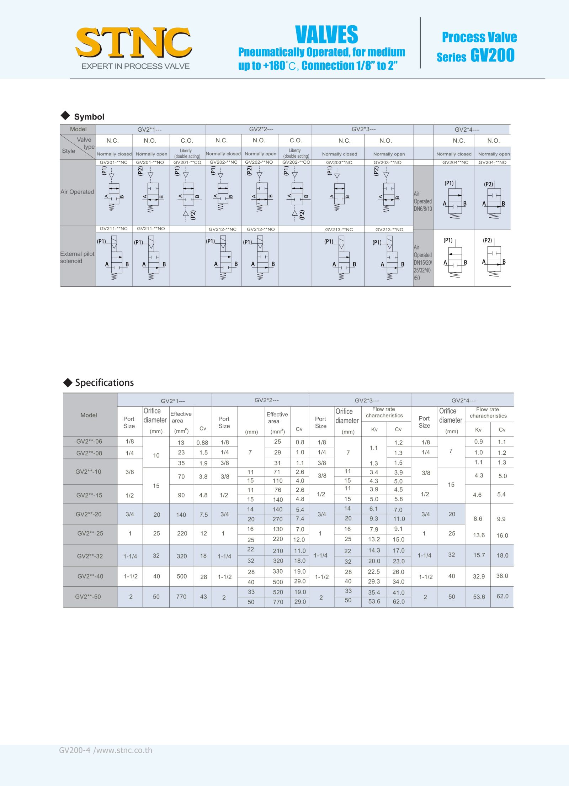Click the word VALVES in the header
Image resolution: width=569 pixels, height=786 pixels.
click(x=326, y=35)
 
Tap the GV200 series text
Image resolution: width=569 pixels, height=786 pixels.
click(x=493, y=56)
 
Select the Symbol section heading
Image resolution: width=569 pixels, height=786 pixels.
click(x=89, y=117)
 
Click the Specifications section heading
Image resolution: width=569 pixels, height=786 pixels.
click(x=104, y=383)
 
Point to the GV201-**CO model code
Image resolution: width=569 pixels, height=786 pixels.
click(x=187, y=162)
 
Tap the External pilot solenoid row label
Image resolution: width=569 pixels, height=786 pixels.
click(x=77, y=257)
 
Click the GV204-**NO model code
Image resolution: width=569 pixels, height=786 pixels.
click(x=492, y=162)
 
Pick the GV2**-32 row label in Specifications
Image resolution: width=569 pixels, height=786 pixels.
click(x=90, y=556)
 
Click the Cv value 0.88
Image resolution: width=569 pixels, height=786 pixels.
click(x=202, y=443)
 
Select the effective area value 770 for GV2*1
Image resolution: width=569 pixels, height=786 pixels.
click(x=181, y=597)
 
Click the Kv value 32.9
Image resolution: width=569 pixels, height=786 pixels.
click(x=479, y=576)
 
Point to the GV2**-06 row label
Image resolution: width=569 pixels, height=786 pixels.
click(x=89, y=442)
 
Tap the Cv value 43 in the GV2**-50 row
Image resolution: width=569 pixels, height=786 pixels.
click(x=203, y=597)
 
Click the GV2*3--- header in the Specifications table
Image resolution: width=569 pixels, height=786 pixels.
click(x=367, y=400)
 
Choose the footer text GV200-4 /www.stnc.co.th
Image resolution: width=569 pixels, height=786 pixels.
click(x=106, y=750)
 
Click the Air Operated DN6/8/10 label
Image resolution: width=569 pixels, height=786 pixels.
click(x=423, y=201)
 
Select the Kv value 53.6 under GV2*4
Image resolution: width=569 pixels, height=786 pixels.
click(x=479, y=597)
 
